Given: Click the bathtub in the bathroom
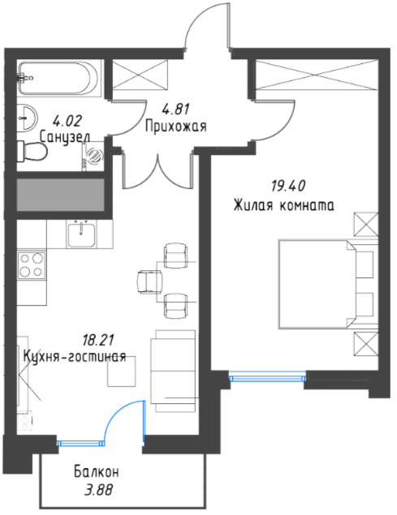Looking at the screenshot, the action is click(x=58, y=79).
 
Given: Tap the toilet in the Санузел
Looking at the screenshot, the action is click(x=32, y=152).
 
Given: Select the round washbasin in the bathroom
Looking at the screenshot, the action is click(x=28, y=118).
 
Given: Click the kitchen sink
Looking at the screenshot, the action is click(x=81, y=234).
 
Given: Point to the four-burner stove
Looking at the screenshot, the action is click(x=32, y=264).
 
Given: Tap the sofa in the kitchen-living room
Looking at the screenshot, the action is click(x=173, y=371).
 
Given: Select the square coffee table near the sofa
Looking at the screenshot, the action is click(x=121, y=371).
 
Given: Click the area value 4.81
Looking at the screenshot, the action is click(x=175, y=109).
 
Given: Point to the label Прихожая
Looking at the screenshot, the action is click(x=176, y=126).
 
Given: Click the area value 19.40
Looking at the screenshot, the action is click(x=287, y=186).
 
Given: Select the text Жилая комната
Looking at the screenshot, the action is click(x=283, y=205).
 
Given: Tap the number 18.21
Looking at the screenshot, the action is click(x=98, y=341).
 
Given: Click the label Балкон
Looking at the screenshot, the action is click(x=96, y=472).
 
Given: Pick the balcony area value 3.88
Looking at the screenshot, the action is click(x=98, y=490).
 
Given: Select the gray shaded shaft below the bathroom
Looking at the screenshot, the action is click(x=61, y=195).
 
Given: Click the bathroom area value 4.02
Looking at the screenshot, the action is click(x=67, y=121).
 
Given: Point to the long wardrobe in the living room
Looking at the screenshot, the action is click(x=316, y=75).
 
